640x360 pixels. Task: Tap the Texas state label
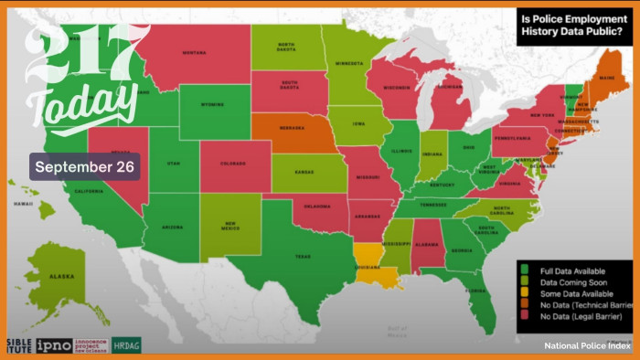(303, 257)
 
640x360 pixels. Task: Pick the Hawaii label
(24, 204)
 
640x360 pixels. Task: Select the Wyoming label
(213, 117)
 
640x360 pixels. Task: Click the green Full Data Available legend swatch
(525, 270)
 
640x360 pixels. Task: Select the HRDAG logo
(126, 345)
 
